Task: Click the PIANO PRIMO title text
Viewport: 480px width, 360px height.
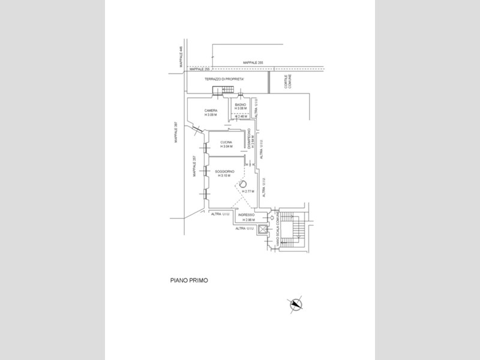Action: [188, 280]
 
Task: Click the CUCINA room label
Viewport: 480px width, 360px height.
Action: [226, 142]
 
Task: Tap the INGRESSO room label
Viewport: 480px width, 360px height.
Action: [247, 215]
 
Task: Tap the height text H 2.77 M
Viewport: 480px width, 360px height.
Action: [248, 191]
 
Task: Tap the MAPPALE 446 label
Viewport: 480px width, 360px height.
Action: [180, 52]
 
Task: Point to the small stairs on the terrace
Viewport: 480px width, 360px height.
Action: [220, 90]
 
